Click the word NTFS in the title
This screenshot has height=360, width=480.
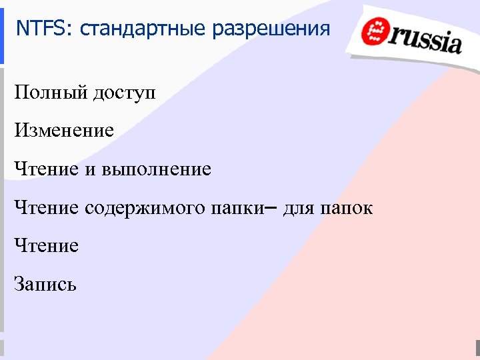[x=37, y=29]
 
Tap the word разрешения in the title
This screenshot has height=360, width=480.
[x=271, y=29]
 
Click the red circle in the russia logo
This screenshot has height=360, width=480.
[x=375, y=33]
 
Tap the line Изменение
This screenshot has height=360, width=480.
[x=64, y=131]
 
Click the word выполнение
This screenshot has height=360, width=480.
[x=157, y=169]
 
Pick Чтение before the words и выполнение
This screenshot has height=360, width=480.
[x=47, y=169]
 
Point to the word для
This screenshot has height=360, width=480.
[x=298, y=209]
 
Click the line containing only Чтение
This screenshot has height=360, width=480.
[x=47, y=246]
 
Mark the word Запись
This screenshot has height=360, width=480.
[x=46, y=285]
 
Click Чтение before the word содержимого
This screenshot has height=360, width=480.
[x=47, y=208]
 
